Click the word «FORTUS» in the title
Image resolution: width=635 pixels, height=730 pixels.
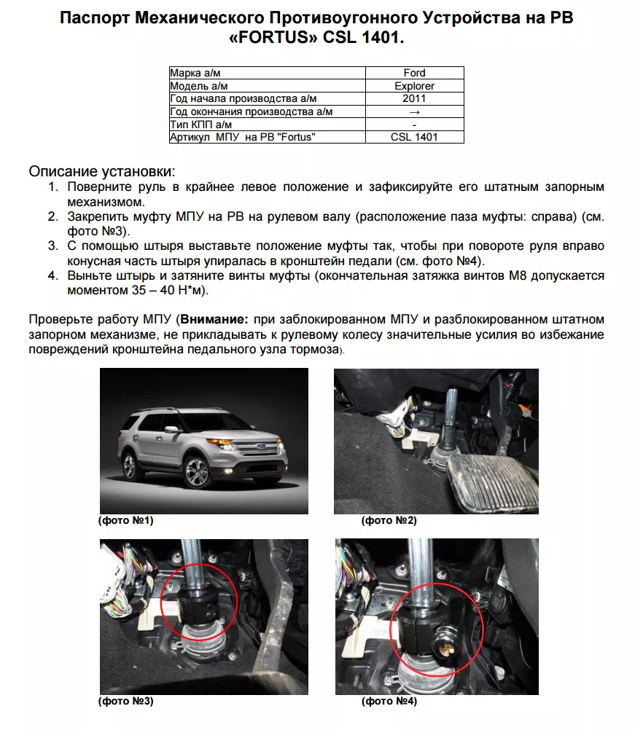pyautogui.click(x=276, y=36)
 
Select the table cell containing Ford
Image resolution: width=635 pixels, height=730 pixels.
pyautogui.click(x=414, y=73)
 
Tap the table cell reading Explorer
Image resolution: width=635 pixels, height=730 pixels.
pyautogui.click(x=414, y=86)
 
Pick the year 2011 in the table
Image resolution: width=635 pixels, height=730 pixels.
pyautogui.click(x=414, y=98)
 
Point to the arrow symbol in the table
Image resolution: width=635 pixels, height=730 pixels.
pyautogui.click(x=414, y=111)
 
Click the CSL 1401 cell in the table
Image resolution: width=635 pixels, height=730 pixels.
pyautogui.click(x=414, y=137)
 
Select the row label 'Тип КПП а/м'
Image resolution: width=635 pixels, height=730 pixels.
pyautogui.click(x=200, y=125)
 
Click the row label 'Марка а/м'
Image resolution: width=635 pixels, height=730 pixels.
pyautogui.click(x=195, y=73)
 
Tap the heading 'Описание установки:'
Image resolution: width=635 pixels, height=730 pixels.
pyautogui.click(x=102, y=172)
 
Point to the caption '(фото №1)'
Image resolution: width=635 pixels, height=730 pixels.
pyautogui.click(x=125, y=521)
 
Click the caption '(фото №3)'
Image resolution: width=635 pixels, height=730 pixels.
pyautogui.click(x=125, y=702)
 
